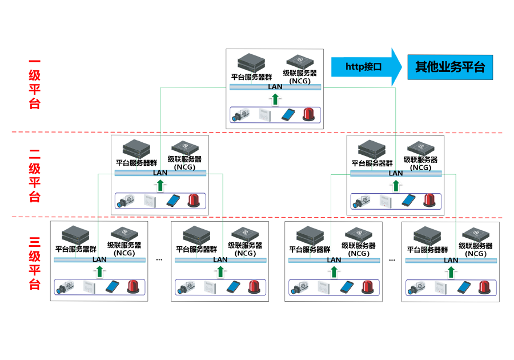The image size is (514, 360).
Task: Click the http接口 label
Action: [x=363, y=67]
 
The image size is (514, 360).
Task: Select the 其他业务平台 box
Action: [x=449, y=67]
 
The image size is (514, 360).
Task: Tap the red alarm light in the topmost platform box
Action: [x=310, y=114]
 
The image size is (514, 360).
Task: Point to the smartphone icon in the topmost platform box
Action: [x=288, y=114]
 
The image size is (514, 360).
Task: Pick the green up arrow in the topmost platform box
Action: [x=276, y=99]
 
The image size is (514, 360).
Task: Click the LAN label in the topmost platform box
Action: [x=275, y=87]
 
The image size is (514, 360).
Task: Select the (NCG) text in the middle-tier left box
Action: [x=184, y=167]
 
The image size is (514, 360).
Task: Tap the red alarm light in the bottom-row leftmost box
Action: [x=133, y=286]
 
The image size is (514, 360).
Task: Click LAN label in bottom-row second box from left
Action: [x=220, y=259]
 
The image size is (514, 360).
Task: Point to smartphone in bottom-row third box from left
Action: [x=347, y=287]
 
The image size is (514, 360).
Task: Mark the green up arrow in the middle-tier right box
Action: [x=395, y=186]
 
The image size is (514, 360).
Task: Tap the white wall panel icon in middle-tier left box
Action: [x=150, y=201]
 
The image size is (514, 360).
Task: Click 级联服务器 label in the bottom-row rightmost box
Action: [x=476, y=246]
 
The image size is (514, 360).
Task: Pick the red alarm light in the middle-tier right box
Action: [x=429, y=200]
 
